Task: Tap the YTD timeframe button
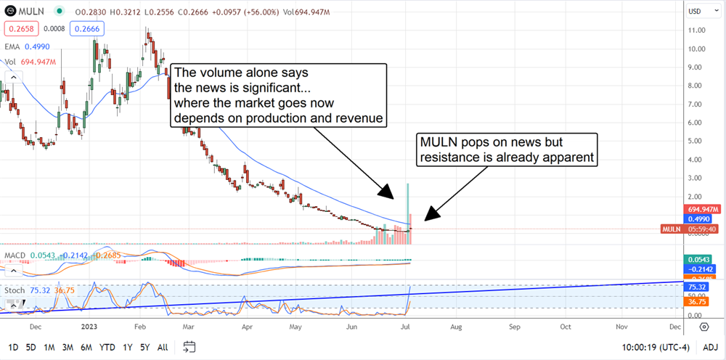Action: click(x=108, y=347)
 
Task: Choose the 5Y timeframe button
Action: click(x=145, y=347)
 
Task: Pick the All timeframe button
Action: click(x=163, y=347)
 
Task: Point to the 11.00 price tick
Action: click(x=698, y=30)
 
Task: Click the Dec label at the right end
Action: click(x=675, y=327)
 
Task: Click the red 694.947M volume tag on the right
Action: click(x=702, y=208)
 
